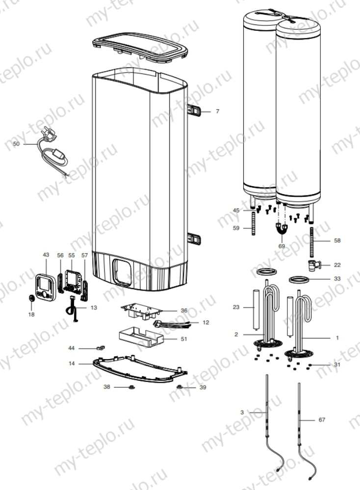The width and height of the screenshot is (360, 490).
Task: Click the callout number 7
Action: point(217,112)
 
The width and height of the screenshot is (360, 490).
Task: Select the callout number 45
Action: point(236,210)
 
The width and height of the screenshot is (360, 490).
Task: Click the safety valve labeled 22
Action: point(312,266)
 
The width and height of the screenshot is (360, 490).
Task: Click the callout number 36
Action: point(184,310)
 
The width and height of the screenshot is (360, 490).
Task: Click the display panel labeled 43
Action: point(45,286)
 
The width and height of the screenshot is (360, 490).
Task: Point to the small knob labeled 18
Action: point(31,297)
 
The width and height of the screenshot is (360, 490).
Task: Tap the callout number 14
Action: point(72,364)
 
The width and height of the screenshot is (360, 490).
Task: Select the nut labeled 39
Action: point(180,387)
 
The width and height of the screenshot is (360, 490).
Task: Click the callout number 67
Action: point(321,420)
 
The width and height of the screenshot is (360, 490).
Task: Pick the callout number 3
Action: point(242,413)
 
